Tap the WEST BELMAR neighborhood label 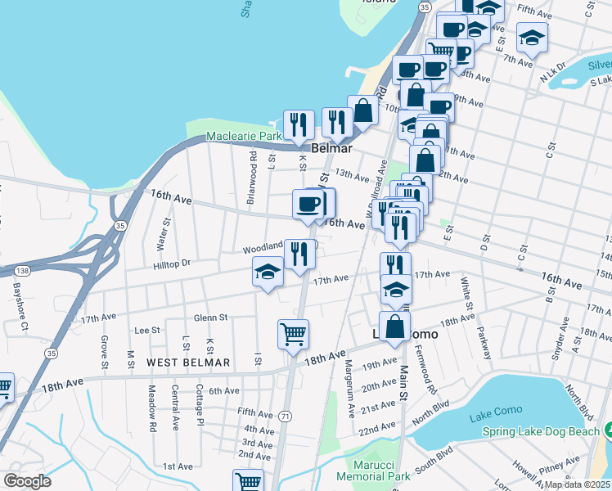pyautogui.click(x=188, y=362)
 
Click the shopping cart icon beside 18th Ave pyautogui.click(x=293, y=334)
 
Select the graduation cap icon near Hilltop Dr pyautogui.click(x=268, y=273)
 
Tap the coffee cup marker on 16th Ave pyautogui.click(x=308, y=205)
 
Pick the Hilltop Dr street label pyautogui.click(x=171, y=264)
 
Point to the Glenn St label pyautogui.click(x=210, y=318)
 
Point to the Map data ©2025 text pyautogui.click(x=578, y=484)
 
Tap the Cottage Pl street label pyautogui.click(x=200, y=404)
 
